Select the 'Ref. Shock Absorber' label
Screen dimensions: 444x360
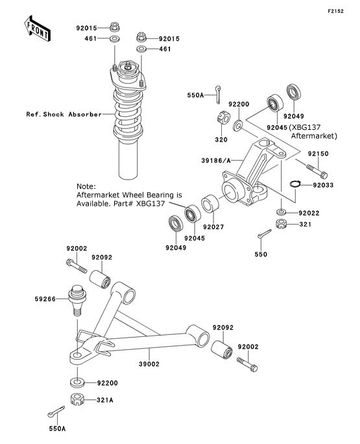[x=64, y=114]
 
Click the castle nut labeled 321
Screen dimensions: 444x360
[x=283, y=225]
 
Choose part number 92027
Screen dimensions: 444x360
[x=212, y=227]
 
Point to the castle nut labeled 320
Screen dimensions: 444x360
[x=221, y=121]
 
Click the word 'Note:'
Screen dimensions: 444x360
[x=86, y=185]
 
